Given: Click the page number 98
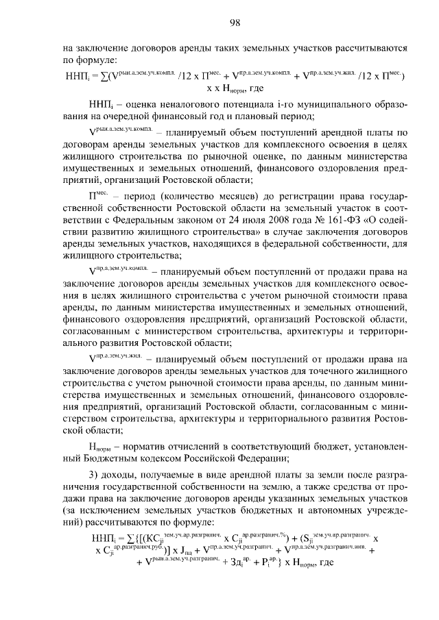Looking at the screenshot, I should (x=235, y=23).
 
